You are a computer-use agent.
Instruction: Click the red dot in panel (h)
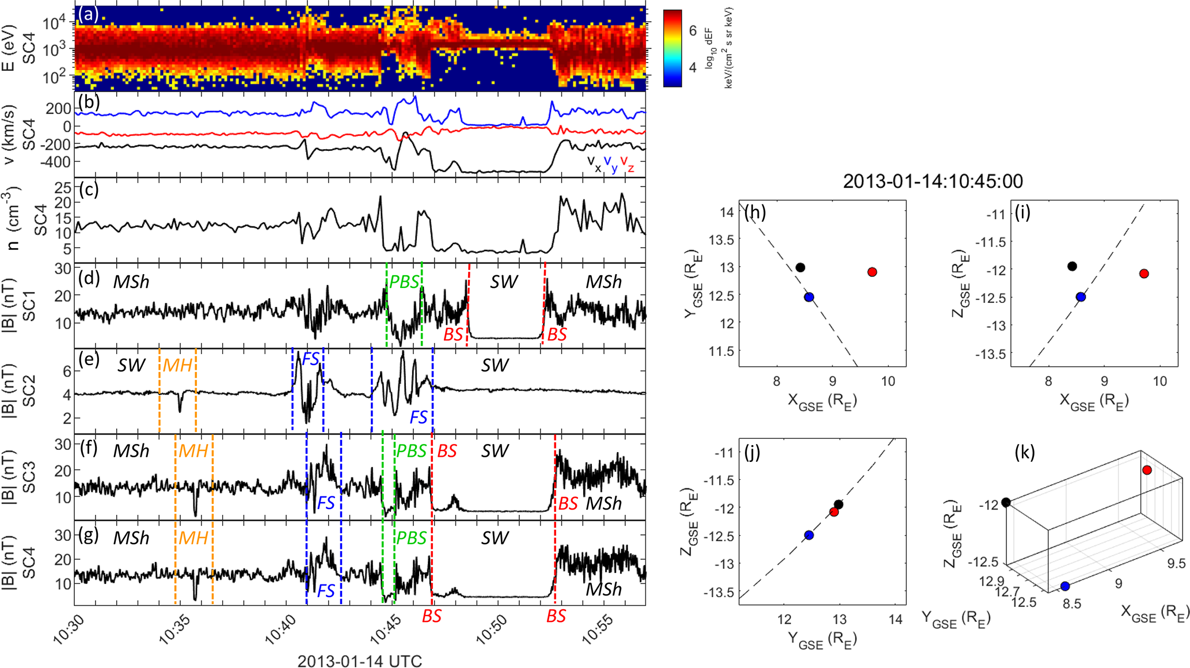[x=872, y=272]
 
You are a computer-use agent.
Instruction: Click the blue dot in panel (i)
[x=1081, y=297]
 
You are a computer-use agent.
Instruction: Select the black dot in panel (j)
[x=838, y=505]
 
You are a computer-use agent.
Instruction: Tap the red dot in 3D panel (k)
[x=1147, y=470]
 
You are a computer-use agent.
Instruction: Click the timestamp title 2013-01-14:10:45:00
[x=933, y=181]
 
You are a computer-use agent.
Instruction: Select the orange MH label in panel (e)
[x=177, y=365]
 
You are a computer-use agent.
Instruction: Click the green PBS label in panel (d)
[x=404, y=282]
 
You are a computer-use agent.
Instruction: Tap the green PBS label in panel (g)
[x=411, y=538]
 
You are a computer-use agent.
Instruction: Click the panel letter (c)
[x=89, y=190]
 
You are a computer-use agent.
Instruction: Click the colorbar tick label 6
[x=693, y=31]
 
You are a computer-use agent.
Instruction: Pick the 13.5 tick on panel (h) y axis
[x=721, y=240]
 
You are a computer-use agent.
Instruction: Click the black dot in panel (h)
[x=800, y=267]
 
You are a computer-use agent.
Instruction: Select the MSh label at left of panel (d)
[x=131, y=282]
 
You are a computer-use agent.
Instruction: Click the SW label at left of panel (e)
[x=131, y=365]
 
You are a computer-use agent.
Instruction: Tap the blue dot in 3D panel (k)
[x=1065, y=586]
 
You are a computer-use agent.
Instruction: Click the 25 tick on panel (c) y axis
[x=63, y=188]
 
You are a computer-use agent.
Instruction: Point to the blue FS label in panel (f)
[x=326, y=503]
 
